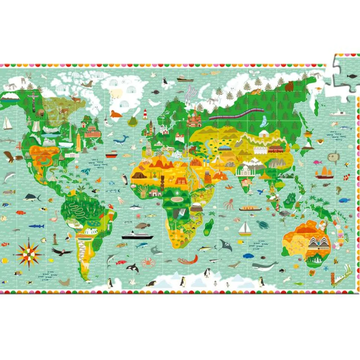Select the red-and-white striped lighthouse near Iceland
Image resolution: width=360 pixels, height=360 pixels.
[x=145, y=114]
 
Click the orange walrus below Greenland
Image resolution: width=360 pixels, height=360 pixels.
[x=116, y=114]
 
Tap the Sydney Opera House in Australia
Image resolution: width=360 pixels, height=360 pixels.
[x=319, y=243]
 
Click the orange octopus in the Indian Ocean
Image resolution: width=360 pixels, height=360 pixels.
[x=229, y=204]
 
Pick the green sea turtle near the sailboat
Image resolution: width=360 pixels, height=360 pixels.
[x=262, y=225]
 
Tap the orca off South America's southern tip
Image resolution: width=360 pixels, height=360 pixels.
[x=133, y=268]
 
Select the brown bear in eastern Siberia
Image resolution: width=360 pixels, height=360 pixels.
[x=289, y=86]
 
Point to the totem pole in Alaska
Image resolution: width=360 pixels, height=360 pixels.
[x=34, y=101]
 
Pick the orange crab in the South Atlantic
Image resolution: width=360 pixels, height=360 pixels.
[x=148, y=262]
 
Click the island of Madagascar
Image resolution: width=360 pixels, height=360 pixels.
[x=209, y=227]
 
